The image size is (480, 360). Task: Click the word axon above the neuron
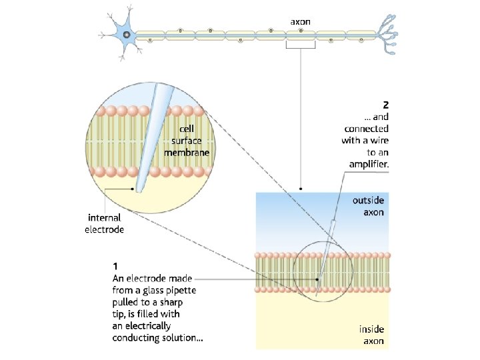pos(300,21)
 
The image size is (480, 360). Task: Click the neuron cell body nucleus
pos(125,35)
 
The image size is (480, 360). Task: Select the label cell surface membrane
pos(187,141)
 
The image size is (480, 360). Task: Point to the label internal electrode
pos(104,223)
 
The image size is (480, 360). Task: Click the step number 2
pos(385,105)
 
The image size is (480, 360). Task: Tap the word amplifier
pos(369,164)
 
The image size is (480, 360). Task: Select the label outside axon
pos(368,206)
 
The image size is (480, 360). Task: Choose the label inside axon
pos(371,335)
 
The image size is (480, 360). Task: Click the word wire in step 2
pos(377,140)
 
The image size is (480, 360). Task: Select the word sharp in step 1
pos(169,302)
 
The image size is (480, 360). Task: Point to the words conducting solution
pos(157,338)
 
